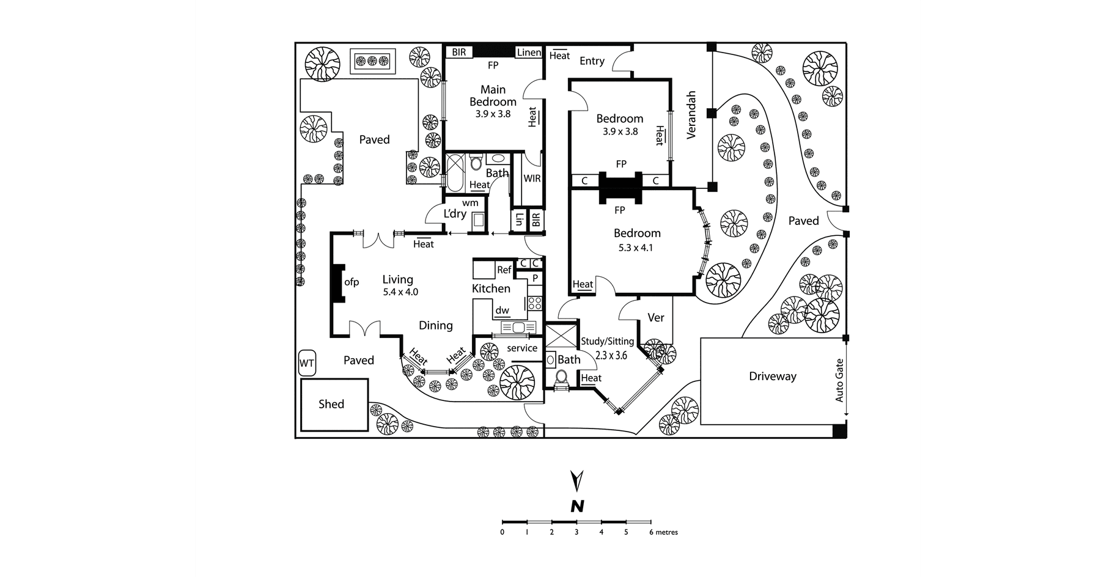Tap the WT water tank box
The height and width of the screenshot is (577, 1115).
[x=306, y=364]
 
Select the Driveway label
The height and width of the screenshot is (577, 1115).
[x=773, y=377]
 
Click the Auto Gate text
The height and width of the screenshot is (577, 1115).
[x=839, y=380]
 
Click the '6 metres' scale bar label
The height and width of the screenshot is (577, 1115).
[x=663, y=532]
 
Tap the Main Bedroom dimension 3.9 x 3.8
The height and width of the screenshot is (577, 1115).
[x=493, y=114]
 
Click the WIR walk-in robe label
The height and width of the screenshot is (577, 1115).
[x=532, y=178]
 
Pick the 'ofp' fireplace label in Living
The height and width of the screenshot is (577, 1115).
[x=351, y=282]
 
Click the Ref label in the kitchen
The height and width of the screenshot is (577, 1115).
[x=504, y=270]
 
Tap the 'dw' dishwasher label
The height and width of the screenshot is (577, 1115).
[x=502, y=311]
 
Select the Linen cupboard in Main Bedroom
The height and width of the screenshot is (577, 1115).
[x=529, y=53]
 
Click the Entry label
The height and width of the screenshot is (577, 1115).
[x=592, y=61]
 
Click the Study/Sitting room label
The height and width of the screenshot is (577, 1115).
[x=607, y=341]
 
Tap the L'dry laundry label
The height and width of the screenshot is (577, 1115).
[x=455, y=214]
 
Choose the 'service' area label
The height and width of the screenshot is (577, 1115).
[x=522, y=348]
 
